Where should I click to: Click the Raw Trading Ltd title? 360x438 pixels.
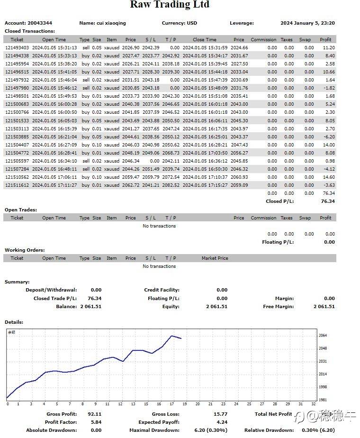170,5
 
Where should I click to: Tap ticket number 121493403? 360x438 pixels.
17,47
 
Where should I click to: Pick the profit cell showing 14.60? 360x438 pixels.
328,177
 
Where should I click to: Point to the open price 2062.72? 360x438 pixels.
130,185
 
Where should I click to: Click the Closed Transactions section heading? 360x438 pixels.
30,31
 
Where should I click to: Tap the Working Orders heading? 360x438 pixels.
25,250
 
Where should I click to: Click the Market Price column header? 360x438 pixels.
215,258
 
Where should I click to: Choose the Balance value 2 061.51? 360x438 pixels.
90,306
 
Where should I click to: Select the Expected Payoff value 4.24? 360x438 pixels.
222,422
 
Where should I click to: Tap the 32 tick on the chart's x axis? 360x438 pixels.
314,404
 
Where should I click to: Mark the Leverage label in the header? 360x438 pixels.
242,23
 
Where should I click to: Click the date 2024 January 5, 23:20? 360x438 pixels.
307,23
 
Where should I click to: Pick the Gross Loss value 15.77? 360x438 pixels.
220,414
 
